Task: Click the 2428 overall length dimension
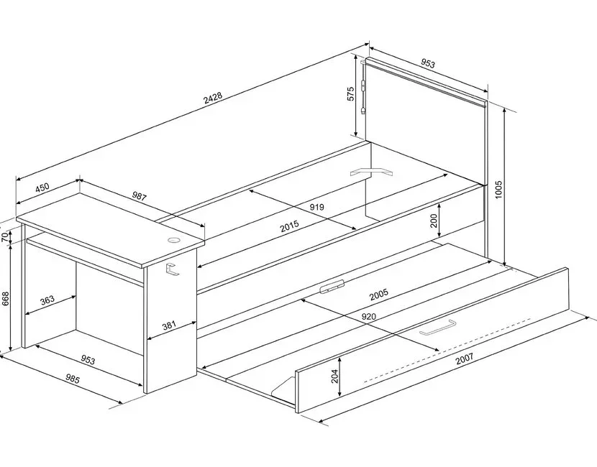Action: coord(213,100)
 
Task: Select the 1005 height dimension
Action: coord(498,188)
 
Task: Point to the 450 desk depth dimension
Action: coord(42,188)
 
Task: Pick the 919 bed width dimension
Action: coord(316,207)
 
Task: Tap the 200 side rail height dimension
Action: coord(434,221)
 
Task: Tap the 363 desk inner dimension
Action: coord(47,300)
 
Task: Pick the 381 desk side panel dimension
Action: coord(169,325)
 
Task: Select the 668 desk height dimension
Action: coord(5,298)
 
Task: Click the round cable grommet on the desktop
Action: coord(174,240)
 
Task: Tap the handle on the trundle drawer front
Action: coord(436,328)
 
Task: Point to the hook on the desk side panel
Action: coord(170,269)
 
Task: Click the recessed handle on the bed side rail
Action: coord(332,287)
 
